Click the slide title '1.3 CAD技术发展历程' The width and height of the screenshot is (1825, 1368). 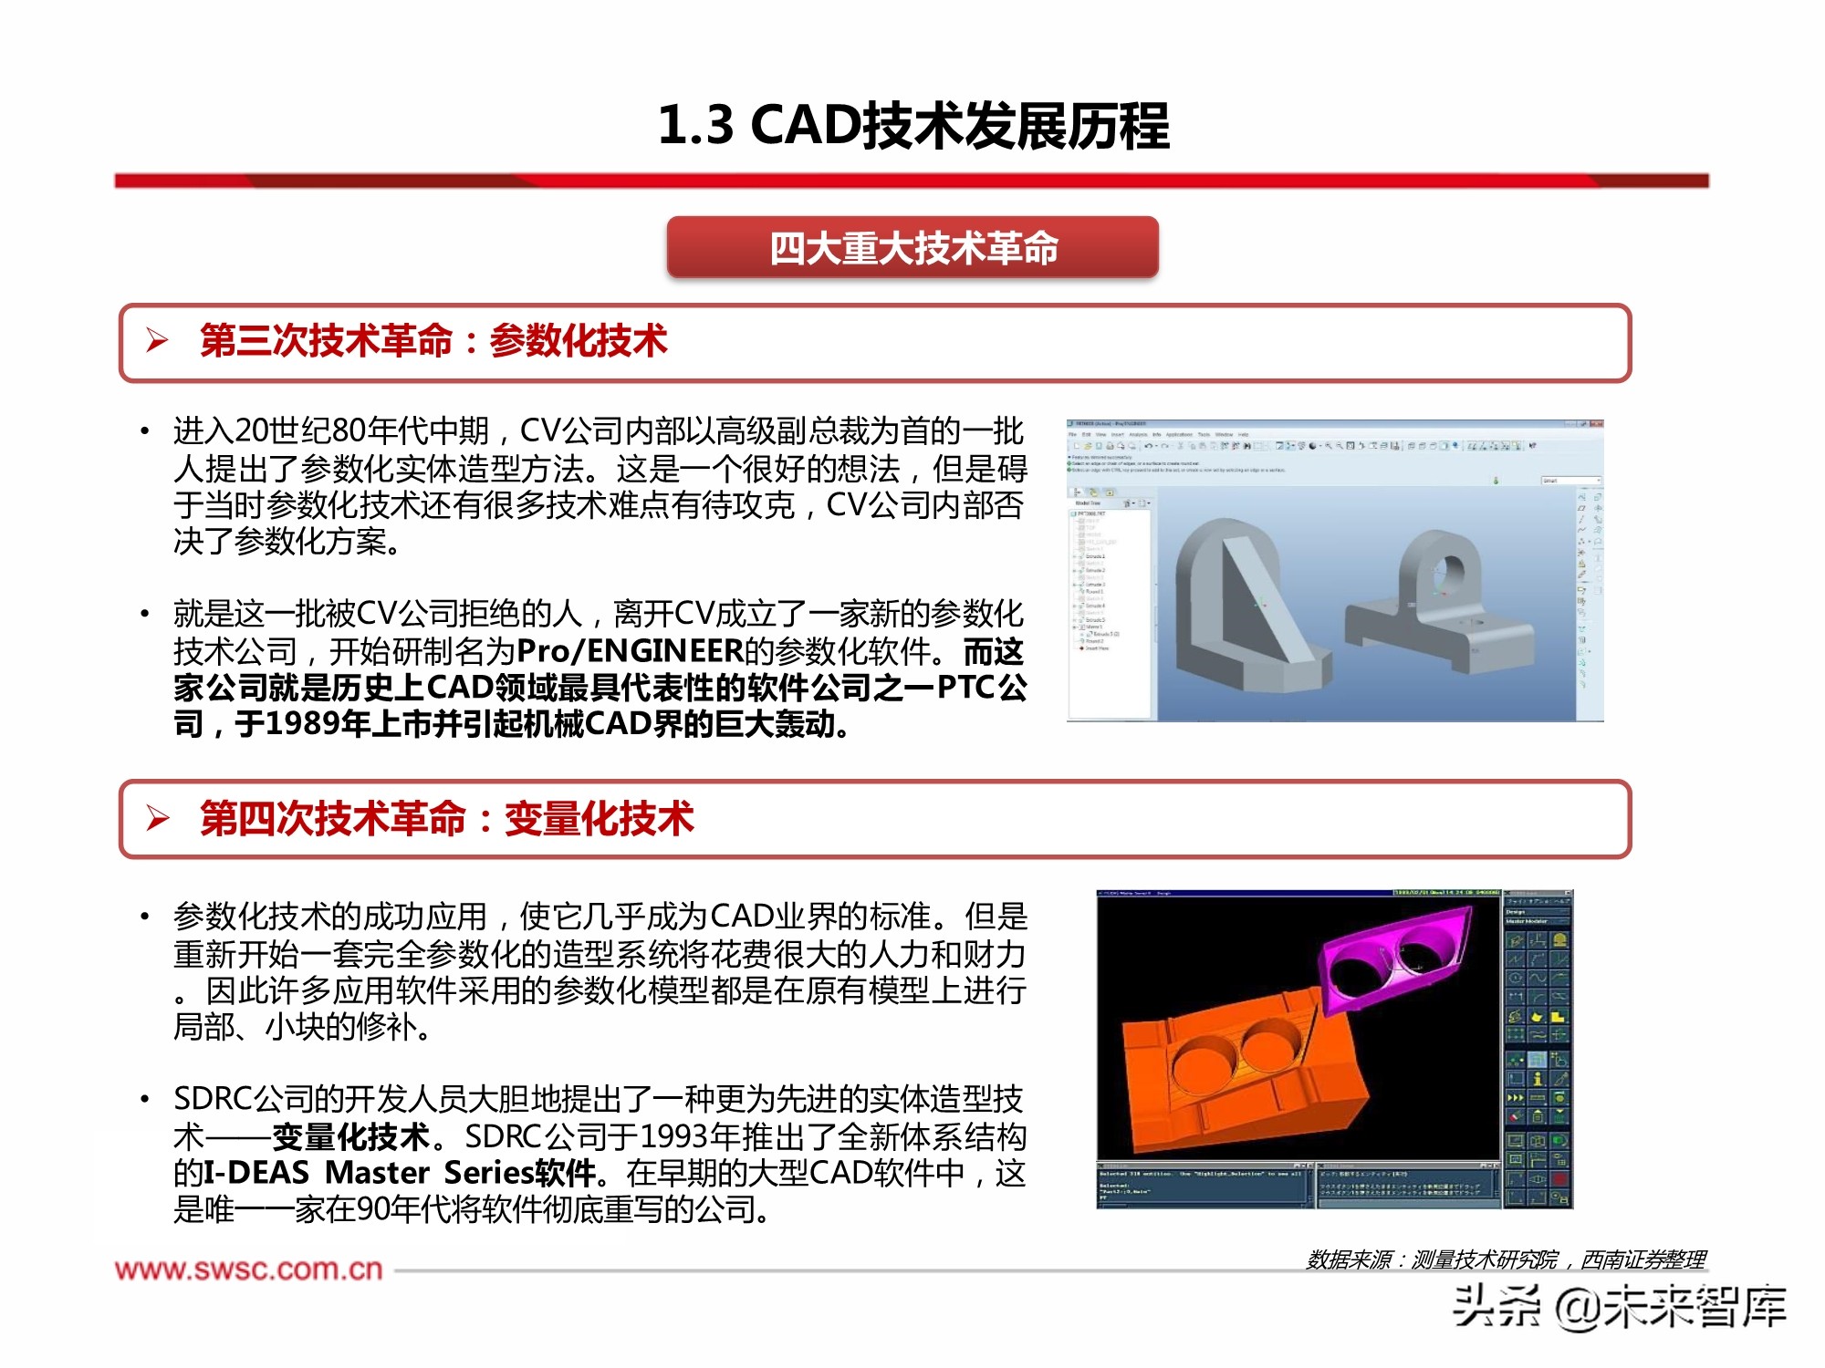[x=912, y=125]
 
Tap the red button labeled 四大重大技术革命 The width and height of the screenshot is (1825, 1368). [x=912, y=248]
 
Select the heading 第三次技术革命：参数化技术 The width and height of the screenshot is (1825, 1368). [x=433, y=341]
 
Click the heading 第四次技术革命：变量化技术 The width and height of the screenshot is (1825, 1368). [x=446, y=818]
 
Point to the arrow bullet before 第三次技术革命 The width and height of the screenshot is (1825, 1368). [x=157, y=341]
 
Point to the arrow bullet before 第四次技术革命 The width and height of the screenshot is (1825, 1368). [x=157, y=818]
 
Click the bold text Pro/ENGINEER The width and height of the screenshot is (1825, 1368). [x=630, y=651]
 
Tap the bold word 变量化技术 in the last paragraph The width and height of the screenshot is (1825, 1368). [x=350, y=1136]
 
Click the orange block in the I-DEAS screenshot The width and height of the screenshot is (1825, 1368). [x=1241, y=1076]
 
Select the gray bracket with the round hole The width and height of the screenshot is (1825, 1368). [x=1442, y=602]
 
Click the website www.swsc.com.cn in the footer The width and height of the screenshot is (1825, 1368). [x=248, y=1270]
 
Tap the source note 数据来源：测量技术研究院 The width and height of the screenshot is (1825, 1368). [x=1433, y=1259]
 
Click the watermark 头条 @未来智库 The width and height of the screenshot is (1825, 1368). [x=1620, y=1306]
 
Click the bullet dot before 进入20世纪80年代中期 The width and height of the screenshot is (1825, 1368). [x=144, y=430]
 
